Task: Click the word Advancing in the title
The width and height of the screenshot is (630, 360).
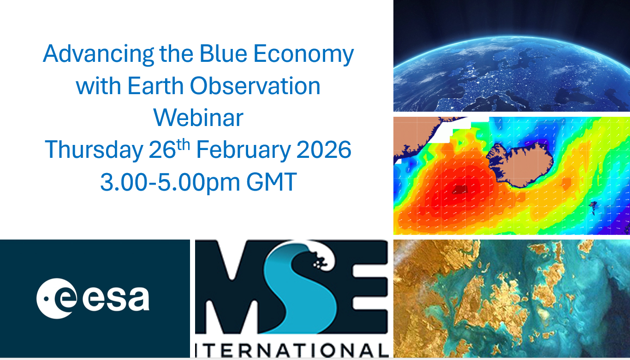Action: click(x=98, y=54)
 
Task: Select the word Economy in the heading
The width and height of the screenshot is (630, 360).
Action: click(x=303, y=54)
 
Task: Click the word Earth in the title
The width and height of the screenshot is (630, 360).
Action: click(x=155, y=85)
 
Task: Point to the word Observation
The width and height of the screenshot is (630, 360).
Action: click(x=255, y=85)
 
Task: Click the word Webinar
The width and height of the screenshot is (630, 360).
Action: click(x=198, y=117)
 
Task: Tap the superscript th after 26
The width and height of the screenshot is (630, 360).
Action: click(x=183, y=144)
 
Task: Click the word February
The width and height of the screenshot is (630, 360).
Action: click(x=243, y=150)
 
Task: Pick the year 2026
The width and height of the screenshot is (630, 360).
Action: click(x=324, y=149)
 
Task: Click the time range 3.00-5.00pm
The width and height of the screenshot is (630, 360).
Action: click(x=170, y=182)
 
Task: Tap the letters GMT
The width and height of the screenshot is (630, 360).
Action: click(x=272, y=182)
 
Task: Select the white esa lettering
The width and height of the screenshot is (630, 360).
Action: click(x=116, y=299)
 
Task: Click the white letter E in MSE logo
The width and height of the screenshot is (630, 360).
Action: click(x=370, y=287)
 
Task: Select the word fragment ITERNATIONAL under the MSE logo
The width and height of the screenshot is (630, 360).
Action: click(x=292, y=350)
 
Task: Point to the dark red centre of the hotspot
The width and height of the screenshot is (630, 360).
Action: click(x=459, y=190)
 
